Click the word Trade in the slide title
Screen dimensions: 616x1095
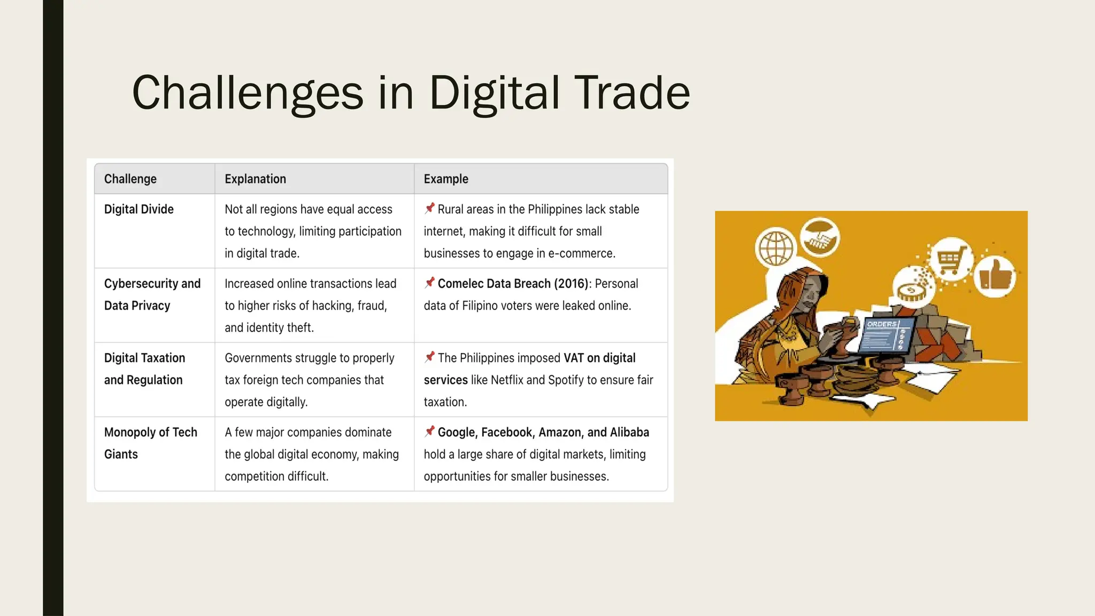coord(632,93)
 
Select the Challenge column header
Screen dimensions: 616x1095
coord(130,179)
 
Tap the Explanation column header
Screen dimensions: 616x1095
coord(255,179)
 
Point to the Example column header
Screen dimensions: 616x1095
coord(446,179)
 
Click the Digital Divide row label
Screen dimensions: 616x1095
coord(138,209)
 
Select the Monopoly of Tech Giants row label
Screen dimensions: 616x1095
coord(150,443)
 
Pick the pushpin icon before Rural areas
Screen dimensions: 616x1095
coord(429,209)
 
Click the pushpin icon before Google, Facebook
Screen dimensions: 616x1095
coord(429,432)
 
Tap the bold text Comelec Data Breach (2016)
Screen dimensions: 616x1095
coord(513,283)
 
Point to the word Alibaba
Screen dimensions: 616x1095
coord(629,432)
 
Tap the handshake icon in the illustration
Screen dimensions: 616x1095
coord(820,238)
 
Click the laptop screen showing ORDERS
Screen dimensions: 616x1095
coord(885,335)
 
